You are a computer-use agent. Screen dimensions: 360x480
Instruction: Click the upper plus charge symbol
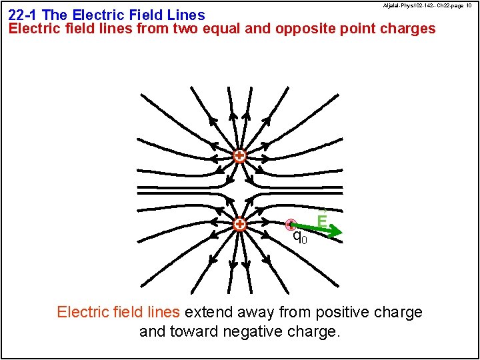[x=239, y=156]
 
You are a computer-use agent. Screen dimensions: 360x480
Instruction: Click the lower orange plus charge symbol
[x=239, y=224]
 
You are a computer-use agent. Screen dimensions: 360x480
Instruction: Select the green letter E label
[x=322, y=220]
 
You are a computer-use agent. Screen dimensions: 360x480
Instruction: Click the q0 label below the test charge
[x=300, y=237]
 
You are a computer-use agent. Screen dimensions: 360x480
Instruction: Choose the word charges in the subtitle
[x=407, y=29]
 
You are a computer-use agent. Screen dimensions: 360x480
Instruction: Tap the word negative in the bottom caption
[x=225, y=331]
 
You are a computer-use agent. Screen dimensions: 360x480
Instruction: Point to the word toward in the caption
[x=167, y=331]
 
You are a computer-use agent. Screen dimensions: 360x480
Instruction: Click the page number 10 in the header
[x=469, y=5]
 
